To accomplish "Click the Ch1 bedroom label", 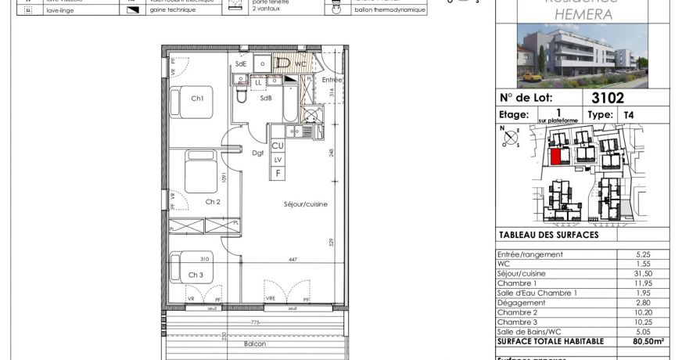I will [x=196, y=99].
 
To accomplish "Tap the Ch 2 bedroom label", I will [x=212, y=201].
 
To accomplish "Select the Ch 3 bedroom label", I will [x=196, y=275].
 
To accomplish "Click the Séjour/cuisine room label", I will [x=305, y=204].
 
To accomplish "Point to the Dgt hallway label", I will [x=257, y=153].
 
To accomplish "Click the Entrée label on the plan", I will [x=332, y=80].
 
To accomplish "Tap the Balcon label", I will [x=254, y=344].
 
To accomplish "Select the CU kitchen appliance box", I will [x=277, y=146].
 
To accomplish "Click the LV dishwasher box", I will [x=277, y=160].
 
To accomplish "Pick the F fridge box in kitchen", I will [x=277, y=173].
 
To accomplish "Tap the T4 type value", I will [x=628, y=115].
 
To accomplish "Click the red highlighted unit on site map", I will [x=556, y=157].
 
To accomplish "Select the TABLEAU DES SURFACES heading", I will [x=548, y=235].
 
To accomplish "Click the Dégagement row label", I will [x=521, y=302].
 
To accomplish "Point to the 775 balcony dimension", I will [x=254, y=322].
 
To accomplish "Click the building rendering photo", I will [x=583, y=55].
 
